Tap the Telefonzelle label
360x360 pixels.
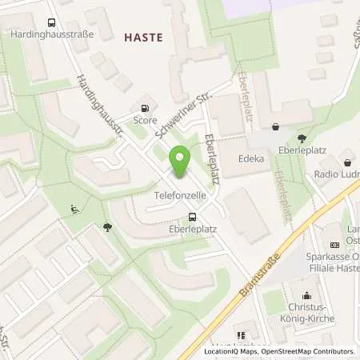(177, 194)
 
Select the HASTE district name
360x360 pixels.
(143, 37)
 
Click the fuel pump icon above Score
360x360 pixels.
(145, 108)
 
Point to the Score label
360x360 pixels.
(145, 120)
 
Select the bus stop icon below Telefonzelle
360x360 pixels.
(192, 217)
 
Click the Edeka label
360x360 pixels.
(251, 158)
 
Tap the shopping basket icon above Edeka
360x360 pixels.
(277, 126)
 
